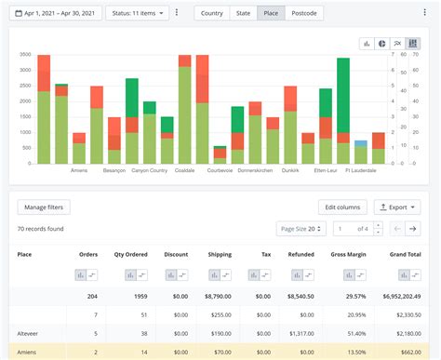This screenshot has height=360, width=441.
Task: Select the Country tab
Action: coord(211,13)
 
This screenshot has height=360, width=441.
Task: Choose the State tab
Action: coord(243,13)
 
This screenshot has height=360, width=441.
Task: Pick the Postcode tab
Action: coord(303,13)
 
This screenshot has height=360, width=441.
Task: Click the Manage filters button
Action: coord(44,207)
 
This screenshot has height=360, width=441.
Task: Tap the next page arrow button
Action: coord(412,228)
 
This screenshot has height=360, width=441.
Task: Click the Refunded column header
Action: coord(301,254)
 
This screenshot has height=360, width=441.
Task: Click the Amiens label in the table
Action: coord(29,353)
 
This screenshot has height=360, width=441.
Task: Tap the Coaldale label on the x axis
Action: coord(184,170)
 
